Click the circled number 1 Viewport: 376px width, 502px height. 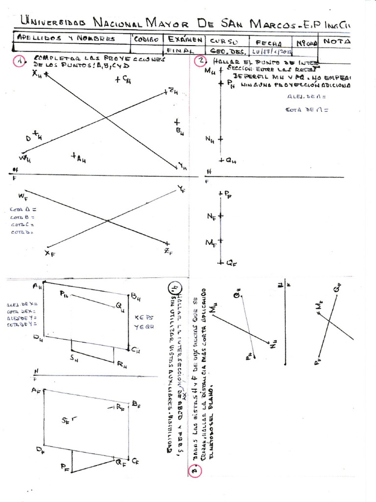pyautogui.click(x=18, y=63)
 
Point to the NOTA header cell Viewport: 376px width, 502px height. pyautogui.click(x=336, y=41)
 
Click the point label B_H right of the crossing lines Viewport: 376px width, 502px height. pyautogui.click(x=180, y=130)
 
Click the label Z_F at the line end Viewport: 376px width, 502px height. pyautogui.click(x=168, y=252)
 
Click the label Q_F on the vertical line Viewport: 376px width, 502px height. pyautogui.click(x=232, y=263)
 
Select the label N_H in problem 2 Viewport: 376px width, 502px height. pyautogui.click(x=210, y=139)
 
